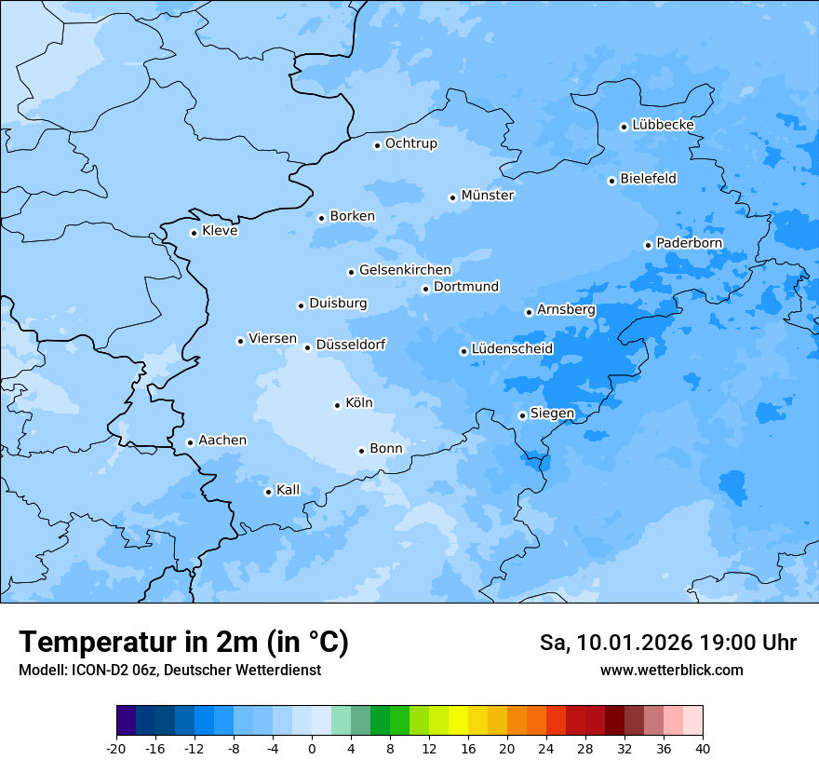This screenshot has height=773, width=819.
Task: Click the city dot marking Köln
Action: point(337,405)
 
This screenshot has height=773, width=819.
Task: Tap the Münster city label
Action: point(487,196)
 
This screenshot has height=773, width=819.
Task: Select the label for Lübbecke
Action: point(663,125)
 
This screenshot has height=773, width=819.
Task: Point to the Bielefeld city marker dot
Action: point(611,181)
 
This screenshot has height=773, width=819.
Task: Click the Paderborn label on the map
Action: point(689,243)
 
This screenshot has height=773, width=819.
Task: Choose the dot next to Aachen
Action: point(190,442)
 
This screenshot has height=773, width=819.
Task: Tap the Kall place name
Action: point(288,490)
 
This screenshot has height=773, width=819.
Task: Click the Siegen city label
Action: point(552,414)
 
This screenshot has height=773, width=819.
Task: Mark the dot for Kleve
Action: point(194,233)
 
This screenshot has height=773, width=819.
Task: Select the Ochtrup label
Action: point(410,143)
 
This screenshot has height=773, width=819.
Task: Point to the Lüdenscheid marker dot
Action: point(463,351)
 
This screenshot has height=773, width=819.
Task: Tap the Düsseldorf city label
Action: point(350,345)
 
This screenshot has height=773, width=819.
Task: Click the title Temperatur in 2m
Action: point(183,642)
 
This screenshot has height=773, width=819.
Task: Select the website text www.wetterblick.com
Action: point(671,670)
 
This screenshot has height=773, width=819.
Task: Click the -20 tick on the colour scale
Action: point(116,748)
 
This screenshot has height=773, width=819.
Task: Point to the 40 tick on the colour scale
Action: point(703,748)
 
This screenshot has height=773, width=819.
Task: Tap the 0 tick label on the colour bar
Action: point(312,748)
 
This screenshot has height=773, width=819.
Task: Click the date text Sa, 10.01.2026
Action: point(615,643)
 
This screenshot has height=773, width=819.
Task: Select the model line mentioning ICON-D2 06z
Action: point(169,670)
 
